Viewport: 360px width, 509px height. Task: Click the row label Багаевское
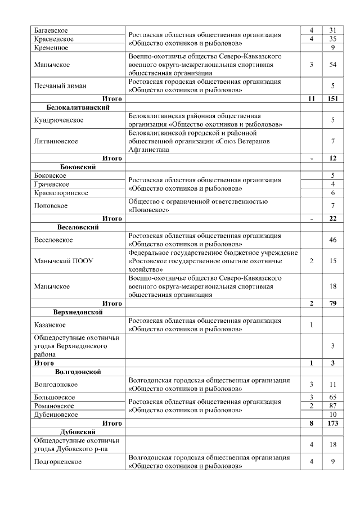[x=51, y=29]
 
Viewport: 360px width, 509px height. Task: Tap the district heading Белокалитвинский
[x=78, y=107]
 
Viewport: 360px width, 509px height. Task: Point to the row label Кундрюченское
[x=56, y=120]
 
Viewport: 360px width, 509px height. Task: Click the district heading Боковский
[x=78, y=167]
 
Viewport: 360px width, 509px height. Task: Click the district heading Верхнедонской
[x=78, y=312]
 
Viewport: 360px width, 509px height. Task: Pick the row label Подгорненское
[x=58, y=462]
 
